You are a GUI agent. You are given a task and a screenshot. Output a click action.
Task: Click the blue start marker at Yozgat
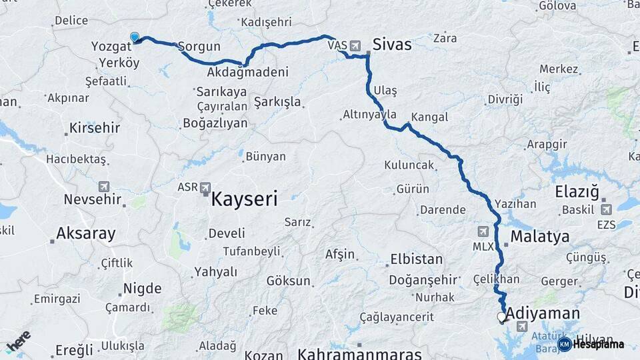click(135, 37)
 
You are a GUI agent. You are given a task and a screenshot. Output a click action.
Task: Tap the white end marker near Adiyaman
click(501, 317)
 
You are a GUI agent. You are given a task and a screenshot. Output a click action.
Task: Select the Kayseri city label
click(244, 198)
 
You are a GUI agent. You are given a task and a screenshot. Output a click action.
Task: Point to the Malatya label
click(540, 237)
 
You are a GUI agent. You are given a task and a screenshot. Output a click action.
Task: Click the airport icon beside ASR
click(205, 188)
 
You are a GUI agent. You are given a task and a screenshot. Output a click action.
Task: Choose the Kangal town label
click(430, 117)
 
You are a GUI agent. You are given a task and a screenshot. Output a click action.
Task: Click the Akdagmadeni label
click(247, 72)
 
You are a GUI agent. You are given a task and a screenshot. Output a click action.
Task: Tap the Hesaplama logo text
click(598, 344)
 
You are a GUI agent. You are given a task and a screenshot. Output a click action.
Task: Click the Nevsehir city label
click(93, 199)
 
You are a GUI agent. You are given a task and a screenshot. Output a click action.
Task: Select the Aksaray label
click(86, 233)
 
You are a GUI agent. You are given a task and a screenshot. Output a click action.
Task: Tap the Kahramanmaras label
click(360, 353)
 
